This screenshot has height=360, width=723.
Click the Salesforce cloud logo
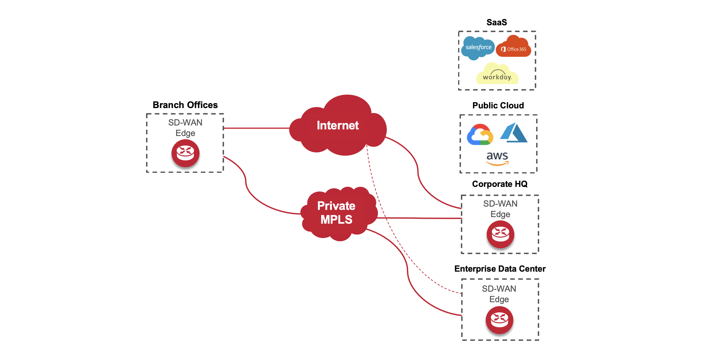tap(478, 48)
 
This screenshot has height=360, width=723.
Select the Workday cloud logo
tap(497, 75)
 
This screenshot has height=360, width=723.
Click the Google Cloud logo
tap(480, 135)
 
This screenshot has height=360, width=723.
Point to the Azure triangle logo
tap(514, 133)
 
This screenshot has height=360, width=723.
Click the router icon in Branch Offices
tap(185, 153)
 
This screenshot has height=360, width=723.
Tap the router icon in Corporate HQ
tap(500, 234)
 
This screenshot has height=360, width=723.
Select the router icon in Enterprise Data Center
tap(499, 320)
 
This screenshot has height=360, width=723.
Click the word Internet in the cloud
tap(338, 125)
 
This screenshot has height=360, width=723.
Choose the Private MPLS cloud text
tap(336, 213)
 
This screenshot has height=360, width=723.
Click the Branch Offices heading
tap(185, 105)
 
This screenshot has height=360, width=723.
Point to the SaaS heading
tap(497, 22)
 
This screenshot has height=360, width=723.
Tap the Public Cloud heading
tap(498, 105)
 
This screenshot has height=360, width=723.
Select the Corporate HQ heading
tap(500, 184)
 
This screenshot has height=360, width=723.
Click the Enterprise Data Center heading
tap(500, 269)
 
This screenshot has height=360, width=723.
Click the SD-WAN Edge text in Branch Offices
tap(185, 128)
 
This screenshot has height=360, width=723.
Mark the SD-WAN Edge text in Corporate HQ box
tap(500, 209)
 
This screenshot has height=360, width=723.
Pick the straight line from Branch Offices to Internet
tap(256, 128)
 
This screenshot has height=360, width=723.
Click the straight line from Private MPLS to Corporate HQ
tap(421, 218)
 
